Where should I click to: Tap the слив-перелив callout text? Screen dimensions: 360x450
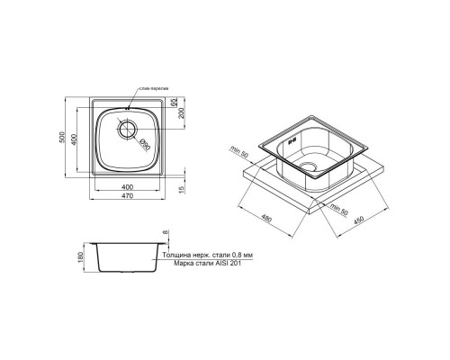pos(152,88)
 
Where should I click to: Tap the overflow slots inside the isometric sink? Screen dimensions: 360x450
pos(292,143)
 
